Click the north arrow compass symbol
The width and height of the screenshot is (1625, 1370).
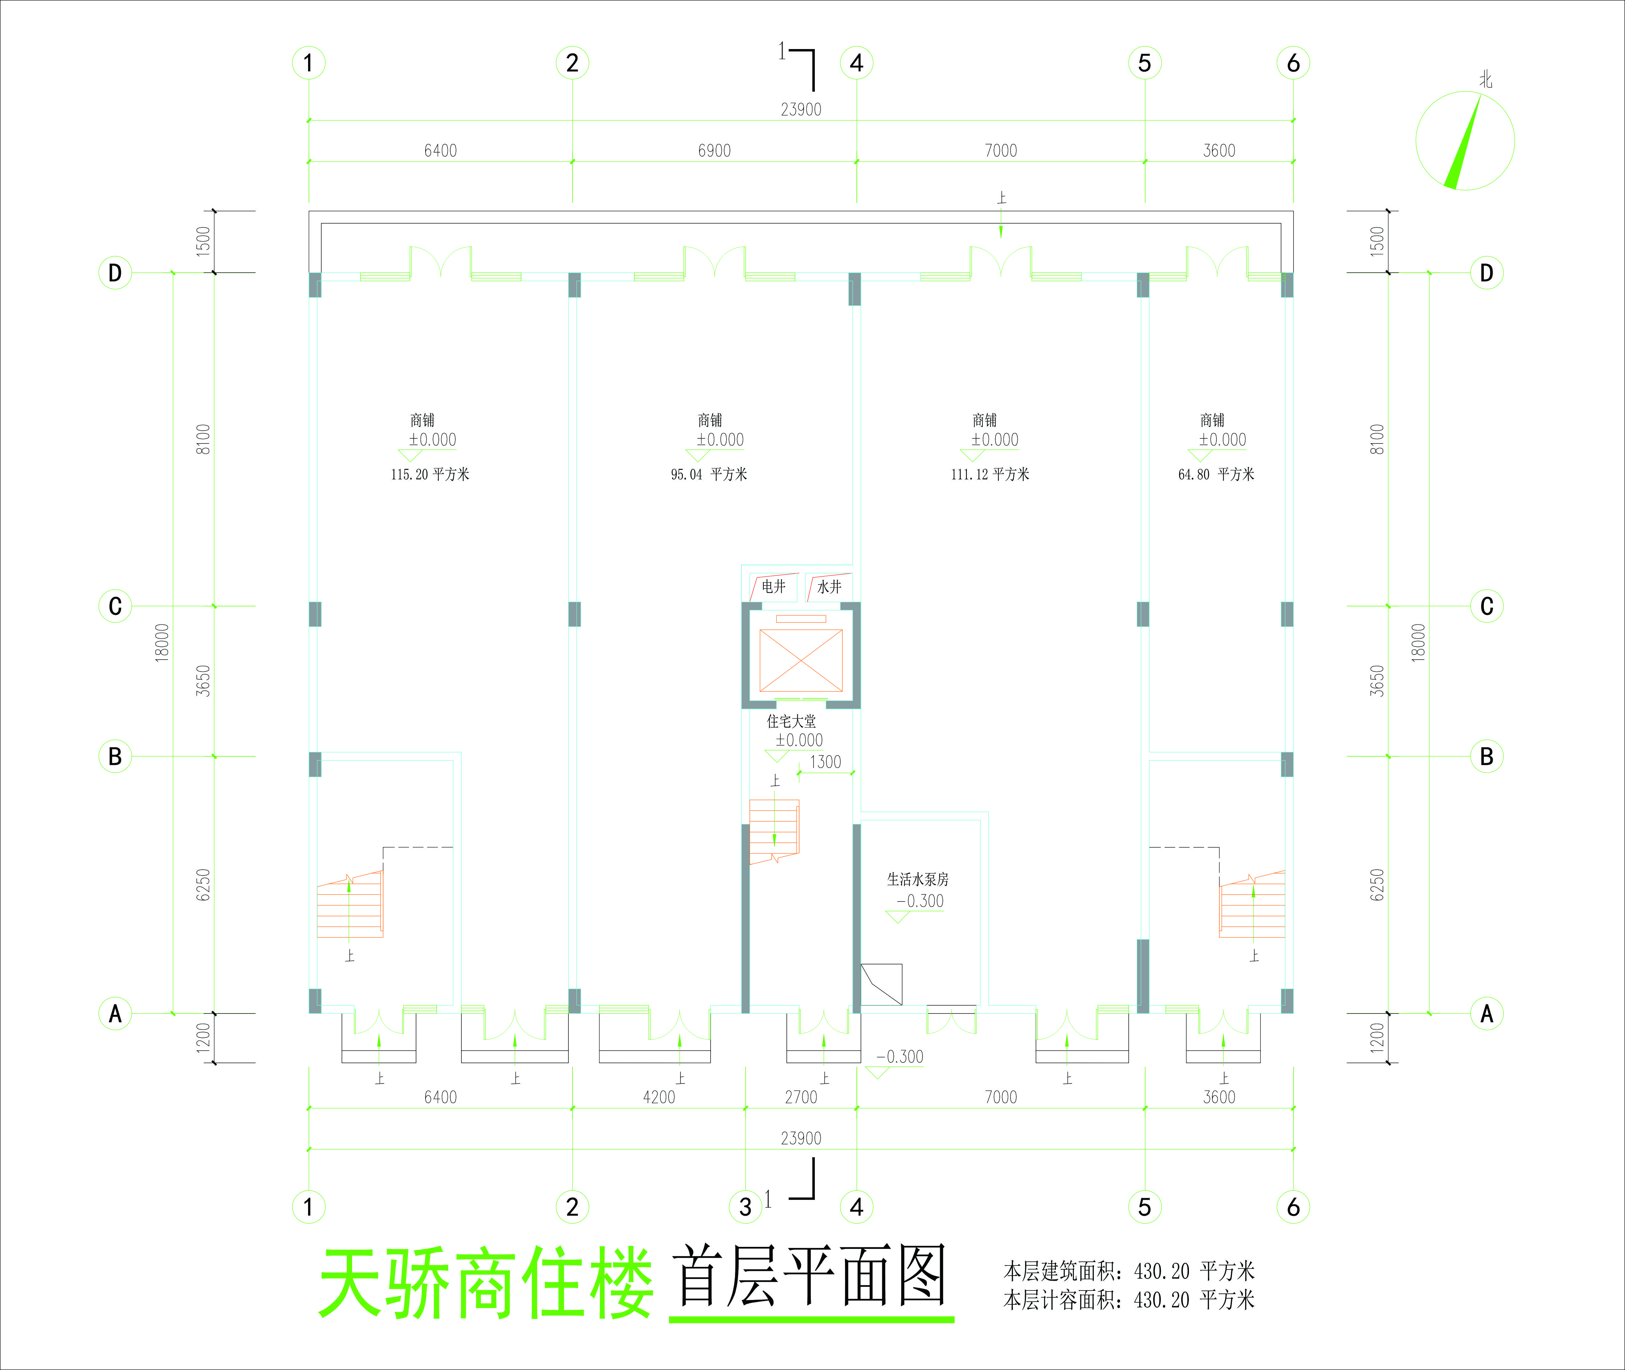pyautogui.click(x=1464, y=141)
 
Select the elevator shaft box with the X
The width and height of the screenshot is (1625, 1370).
pyautogui.click(x=800, y=660)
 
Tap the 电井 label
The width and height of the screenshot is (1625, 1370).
pyautogui.click(x=773, y=587)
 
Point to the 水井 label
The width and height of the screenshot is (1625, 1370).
pyautogui.click(x=829, y=587)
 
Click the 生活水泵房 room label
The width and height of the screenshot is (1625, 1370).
pyautogui.click(x=918, y=879)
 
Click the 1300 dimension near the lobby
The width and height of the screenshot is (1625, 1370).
pyautogui.click(x=825, y=762)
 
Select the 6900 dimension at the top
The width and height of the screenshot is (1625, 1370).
pyautogui.click(x=714, y=151)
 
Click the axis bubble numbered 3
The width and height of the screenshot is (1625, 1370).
pyautogui.click(x=745, y=1207)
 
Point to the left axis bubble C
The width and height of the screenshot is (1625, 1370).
pyautogui.click(x=115, y=606)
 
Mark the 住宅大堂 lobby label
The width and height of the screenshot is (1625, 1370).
pyautogui.click(x=791, y=722)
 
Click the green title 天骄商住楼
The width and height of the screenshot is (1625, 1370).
pyautogui.click(x=486, y=1283)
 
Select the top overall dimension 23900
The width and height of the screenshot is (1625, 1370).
pyautogui.click(x=800, y=110)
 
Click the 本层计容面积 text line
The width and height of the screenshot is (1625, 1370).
pyautogui.click(x=1128, y=1300)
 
